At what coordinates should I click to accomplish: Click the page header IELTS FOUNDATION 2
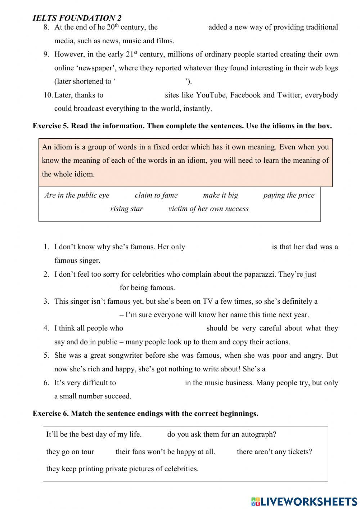pos(77,18)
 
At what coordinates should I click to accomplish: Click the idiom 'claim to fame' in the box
pos(156,195)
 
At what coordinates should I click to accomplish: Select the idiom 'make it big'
pos(220,195)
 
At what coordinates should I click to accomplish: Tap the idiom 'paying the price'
pos(289,195)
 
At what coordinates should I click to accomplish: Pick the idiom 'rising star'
pos(126,209)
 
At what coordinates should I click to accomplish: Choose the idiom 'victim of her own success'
pos(208,209)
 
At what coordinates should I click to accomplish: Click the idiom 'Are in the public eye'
pos(77,195)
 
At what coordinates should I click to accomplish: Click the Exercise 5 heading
pos(182,126)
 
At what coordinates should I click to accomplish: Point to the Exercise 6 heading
pos(145,414)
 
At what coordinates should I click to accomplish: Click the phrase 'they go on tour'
pos(70,452)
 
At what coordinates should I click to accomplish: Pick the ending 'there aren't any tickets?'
pos(274,452)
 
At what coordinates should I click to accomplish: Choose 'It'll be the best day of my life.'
pos(94,434)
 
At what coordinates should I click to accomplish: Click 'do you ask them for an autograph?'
pos(222,434)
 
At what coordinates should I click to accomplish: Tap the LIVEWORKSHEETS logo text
pos(308,501)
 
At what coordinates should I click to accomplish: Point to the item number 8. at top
pos(46,27)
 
